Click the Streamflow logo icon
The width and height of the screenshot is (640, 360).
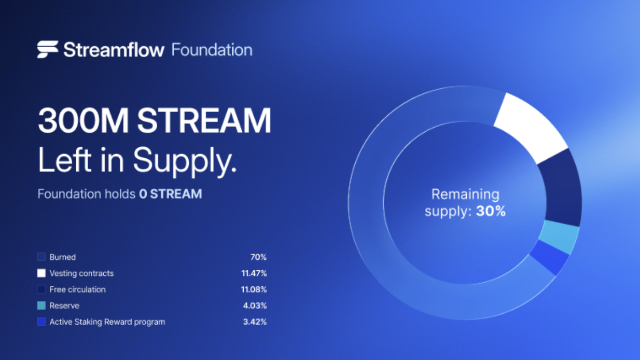pyautogui.click(x=48, y=49)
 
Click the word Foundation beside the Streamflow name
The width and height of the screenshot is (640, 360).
pyautogui.click(x=212, y=50)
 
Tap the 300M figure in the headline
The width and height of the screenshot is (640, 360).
pyautogui.click(x=84, y=120)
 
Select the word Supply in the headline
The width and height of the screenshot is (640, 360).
pyautogui.click(x=185, y=161)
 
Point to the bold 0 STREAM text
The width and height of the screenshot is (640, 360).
pyautogui.click(x=171, y=194)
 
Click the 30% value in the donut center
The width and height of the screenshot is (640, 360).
pyautogui.click(x=491, y=212)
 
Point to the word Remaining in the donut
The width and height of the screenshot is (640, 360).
pyautogui.click(x=465, y=195)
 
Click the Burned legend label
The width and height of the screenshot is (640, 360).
pyautogui.click(x=63, y=257)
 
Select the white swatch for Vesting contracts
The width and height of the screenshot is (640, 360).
pyautogui.click(x=41, y=273)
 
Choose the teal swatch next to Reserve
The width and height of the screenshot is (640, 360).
pyautogui.click(x=41, y=306)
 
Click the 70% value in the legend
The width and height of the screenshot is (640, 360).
pyautogui.click(x=259, y=257)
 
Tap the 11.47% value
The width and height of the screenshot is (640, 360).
pyautogui.click(x=254, y=273)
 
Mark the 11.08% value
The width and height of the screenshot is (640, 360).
pyautogui.click(x=254, y=290)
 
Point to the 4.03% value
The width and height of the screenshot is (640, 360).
pyautogui.click(x=255, y=306)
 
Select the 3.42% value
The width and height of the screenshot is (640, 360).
pyautogui.click(x=255, y=322)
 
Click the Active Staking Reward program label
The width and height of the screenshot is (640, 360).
pyautogui.click(x=107, y=322)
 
